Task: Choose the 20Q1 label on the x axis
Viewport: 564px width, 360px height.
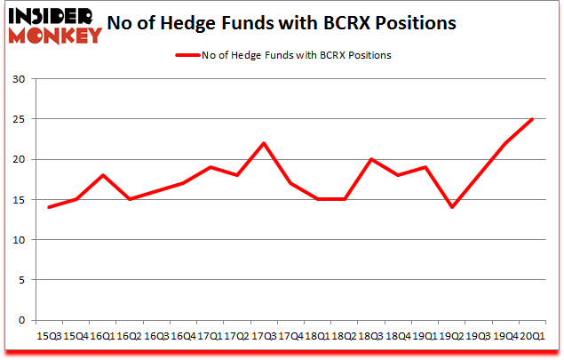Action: pos(533,336)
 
